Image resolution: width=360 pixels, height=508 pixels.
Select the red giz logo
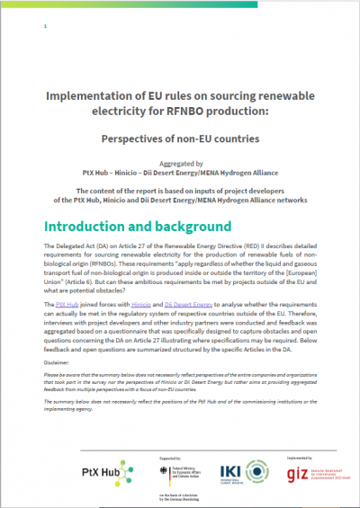(x=296, y=468)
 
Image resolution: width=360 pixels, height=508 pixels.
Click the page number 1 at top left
(x=45, y=27)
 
